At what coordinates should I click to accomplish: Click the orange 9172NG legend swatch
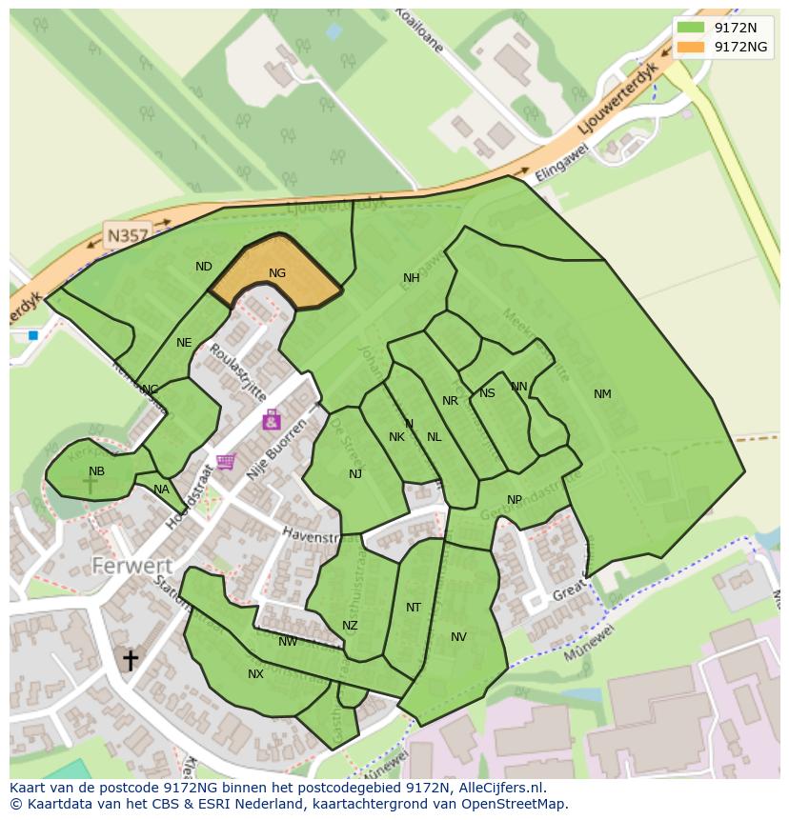[693, 47]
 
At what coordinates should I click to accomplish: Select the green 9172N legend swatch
[693, 29]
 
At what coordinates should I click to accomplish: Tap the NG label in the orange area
[277, 273]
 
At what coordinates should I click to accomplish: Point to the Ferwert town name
[131, 566]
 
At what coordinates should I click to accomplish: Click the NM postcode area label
[602, 394]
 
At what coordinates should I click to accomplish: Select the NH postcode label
[411, 278]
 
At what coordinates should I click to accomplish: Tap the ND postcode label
[204, 267]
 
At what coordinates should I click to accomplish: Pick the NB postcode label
[96, 471]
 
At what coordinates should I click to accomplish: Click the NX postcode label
[255, 674]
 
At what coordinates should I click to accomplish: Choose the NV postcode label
[458, 637]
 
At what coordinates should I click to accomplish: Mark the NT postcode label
[413, 608]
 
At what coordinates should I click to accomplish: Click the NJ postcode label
[355, 474]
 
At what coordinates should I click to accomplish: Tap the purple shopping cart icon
[226, 462]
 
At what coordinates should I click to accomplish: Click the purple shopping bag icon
[272, 419]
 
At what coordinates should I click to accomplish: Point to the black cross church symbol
[130, 659]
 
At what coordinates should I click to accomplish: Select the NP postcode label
[515, 500]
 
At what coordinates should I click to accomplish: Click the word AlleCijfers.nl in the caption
[497, 788]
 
